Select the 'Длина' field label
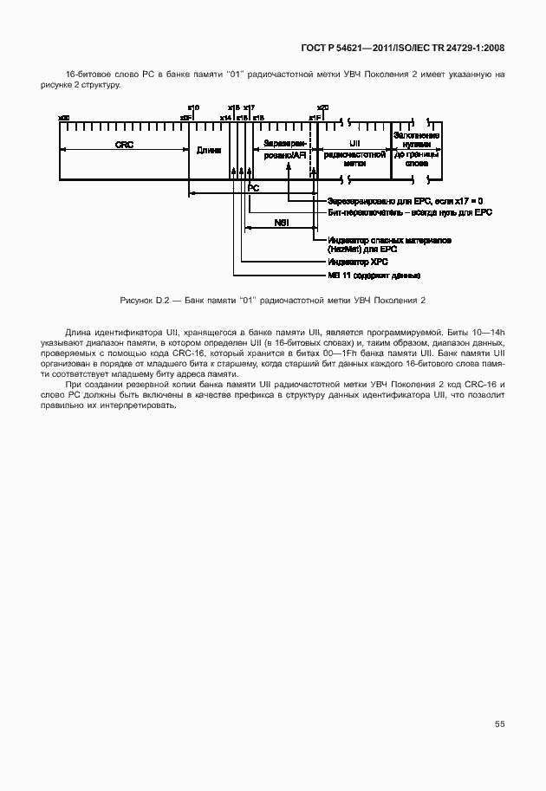point(209,150)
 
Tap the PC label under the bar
point(253,187)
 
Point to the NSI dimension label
point(282,223)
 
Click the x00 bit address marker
point(63,117)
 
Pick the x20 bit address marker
point(322,107)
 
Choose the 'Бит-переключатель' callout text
point(410,211)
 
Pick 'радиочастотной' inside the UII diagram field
point(354,153)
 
